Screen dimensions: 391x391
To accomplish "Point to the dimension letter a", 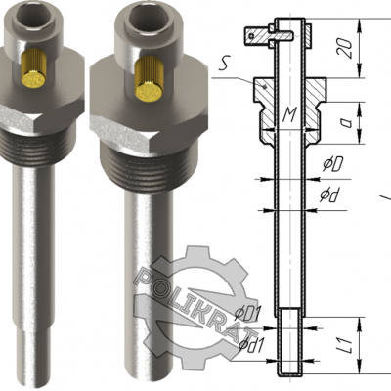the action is click(x=346, y=123).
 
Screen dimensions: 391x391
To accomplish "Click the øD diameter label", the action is click(x=332, y=165).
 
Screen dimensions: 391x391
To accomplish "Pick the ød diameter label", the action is click(x=328, y=195).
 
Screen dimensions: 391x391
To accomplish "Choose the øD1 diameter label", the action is click(x=248, y=314).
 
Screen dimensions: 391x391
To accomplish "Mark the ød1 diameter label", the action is click(x=250, y=344).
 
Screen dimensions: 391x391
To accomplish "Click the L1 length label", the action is click(x=347, y=346).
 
